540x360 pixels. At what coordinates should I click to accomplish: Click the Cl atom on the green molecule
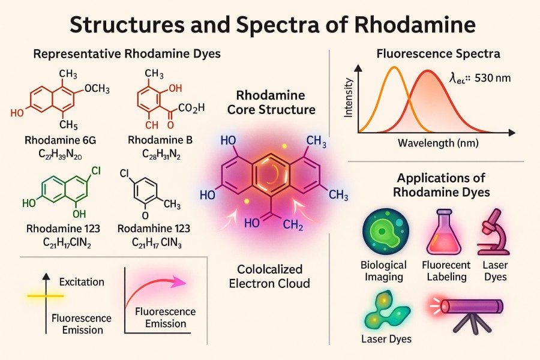(95, 171)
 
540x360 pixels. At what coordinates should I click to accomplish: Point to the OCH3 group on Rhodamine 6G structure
(97, 89)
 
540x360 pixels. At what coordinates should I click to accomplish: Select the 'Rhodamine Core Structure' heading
(270, 103)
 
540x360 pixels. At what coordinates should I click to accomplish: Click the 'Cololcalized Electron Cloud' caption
(270, 275)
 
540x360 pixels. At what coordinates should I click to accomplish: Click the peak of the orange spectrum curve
(394, 68)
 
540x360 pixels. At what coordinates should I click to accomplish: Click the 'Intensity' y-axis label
(349, 100)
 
